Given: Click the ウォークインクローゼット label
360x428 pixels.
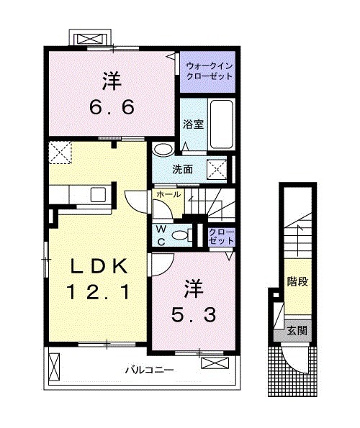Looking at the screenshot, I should pyautogui.click(x=208, y=69).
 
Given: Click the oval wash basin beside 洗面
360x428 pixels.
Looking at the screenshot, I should pyautogui.click(x=163, y=150).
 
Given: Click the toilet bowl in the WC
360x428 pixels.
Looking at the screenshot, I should pyautogui.click(x=184, y=234).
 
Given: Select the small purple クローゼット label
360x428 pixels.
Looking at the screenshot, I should pyautogui.click(x=218, y=235).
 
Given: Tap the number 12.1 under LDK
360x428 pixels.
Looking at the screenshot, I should pyautogui.click(x=99, y=292).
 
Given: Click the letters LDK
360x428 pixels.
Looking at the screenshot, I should pyautogui.click(x=99, y=267).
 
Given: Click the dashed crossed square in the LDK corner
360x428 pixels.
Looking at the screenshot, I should pyautogui.click(x=59, y=152).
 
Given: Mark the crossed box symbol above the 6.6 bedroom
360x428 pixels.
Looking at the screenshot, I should pyautogui.click(x=90, y=38).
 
